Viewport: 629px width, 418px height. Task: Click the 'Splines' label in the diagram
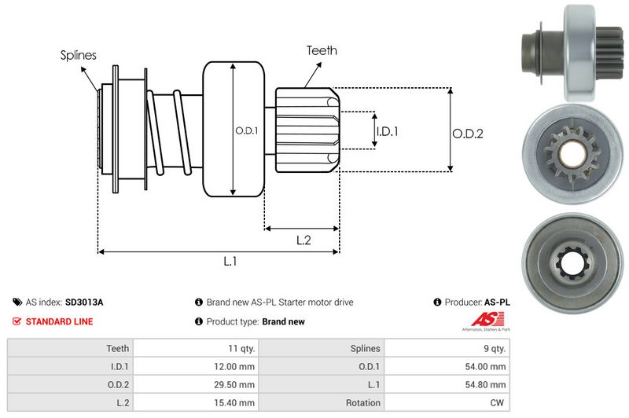point(78,55)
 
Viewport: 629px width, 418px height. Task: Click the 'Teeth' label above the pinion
point(322,50)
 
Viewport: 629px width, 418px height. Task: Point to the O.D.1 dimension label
point(246,130)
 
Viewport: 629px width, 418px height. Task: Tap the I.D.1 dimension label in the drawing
point(387,131)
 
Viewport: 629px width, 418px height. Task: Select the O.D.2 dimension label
point(467,134)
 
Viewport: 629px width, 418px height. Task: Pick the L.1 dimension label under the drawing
point(231,262)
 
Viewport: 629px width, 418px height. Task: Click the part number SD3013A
point(84,302)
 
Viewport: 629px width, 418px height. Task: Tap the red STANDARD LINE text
point(59,321)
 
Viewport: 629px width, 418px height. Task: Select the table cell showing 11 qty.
point(239,348)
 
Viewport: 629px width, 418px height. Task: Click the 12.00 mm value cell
point(236,366)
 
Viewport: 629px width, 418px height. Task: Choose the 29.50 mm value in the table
point(236,384)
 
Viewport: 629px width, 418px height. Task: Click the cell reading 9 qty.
point(495,348)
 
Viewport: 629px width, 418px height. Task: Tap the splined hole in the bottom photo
point(573,266)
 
